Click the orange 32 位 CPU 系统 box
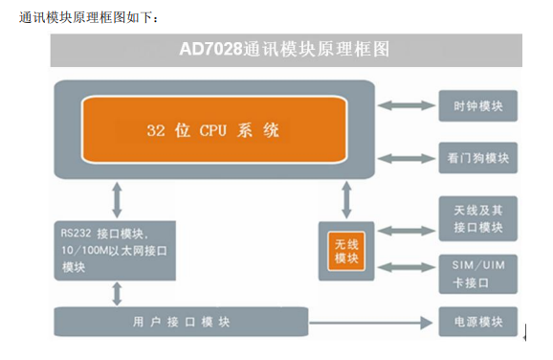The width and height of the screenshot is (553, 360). (214, 129)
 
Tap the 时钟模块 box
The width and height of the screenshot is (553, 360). (477, 106)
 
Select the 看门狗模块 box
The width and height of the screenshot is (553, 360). (477, 158)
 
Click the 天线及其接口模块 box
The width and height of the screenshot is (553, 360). (477, 219)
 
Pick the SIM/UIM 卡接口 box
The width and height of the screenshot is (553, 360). (477, 274)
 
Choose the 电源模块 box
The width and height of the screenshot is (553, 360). (477, 322)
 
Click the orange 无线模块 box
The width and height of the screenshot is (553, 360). (346, 251)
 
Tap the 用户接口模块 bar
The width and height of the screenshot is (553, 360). (181, 322)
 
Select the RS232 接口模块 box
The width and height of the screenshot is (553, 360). (115, 251)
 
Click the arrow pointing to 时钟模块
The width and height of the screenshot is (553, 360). (407, 105)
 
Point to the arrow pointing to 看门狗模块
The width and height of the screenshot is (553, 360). (407, 159)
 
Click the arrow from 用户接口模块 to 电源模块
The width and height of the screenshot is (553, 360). (370, 323)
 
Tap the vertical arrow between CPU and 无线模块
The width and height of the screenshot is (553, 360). (346, 200)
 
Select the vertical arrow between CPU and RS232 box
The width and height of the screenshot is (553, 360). (117, 200)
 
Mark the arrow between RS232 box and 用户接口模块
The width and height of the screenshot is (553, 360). (117, 294)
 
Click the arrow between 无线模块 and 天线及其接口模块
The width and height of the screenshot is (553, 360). (407, 231)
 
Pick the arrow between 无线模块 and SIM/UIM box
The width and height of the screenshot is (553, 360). (407, 267)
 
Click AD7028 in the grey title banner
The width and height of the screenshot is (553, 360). (210, 49)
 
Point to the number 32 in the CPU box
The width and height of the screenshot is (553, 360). (156, 130)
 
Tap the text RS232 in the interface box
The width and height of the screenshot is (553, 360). (76, 234)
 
